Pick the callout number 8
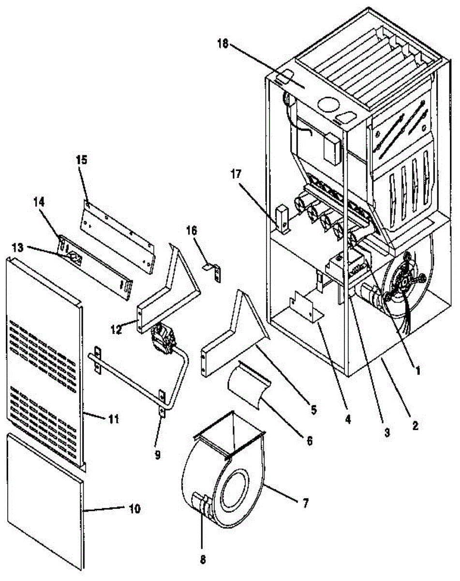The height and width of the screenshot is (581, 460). click(x=203, y=560)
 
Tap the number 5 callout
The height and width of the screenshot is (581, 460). click(x=313, y=410)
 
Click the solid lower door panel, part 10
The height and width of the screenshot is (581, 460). click(x=46, y=504)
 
